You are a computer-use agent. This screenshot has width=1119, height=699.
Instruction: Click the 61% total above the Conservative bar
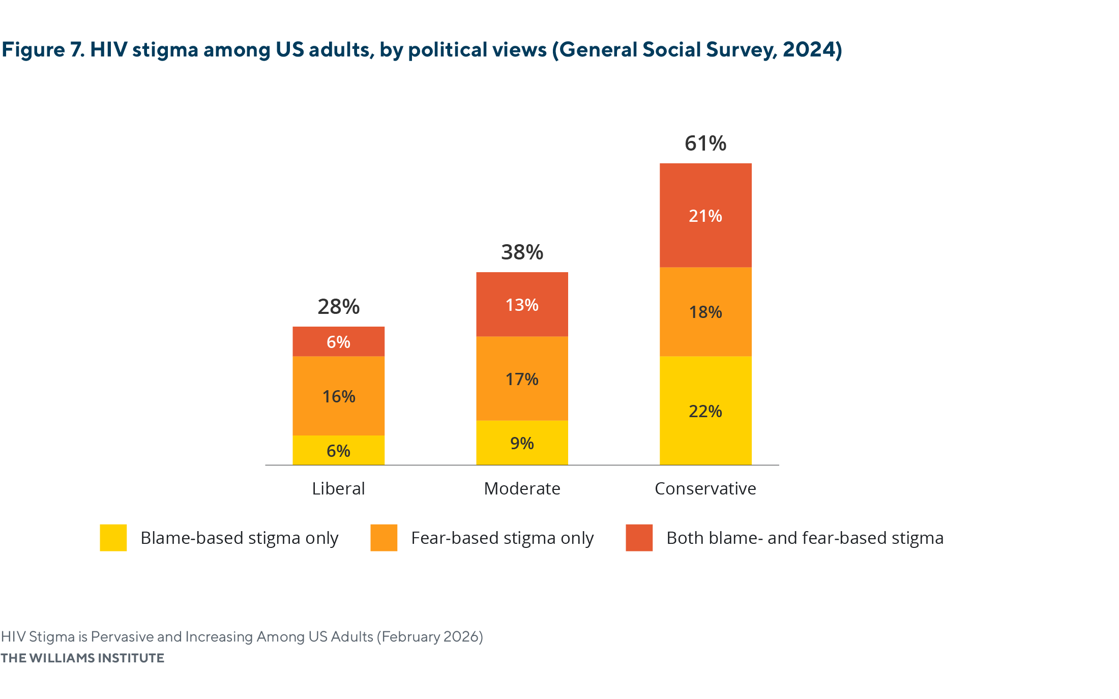tap(705, 143)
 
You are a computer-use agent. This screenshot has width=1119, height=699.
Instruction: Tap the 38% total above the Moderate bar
tap(522, 252)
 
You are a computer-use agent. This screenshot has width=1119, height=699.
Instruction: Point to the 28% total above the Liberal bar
tap(338, 307)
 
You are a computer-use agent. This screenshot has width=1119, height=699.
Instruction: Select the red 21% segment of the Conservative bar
tap(705, 215)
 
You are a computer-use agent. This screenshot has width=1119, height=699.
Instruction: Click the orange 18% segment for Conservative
tap(705, 311)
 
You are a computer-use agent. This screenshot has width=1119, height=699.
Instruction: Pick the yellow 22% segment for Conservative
tap(705, 411)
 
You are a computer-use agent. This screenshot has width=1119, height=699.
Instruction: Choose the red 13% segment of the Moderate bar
tap(522, 304)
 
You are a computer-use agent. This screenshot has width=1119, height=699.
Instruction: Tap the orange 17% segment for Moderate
tap(522, 378)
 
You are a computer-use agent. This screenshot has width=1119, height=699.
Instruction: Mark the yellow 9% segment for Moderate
tap(522, 443)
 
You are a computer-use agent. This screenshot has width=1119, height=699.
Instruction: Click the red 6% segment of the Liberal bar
tap(338, 341)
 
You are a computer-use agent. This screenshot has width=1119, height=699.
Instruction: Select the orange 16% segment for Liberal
tap(338, 396)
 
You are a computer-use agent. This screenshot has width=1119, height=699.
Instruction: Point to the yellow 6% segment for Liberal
tap(338, 450)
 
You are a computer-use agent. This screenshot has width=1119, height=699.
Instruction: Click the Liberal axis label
tap(338, 488)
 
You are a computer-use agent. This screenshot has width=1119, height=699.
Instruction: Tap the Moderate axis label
tap(522, 488)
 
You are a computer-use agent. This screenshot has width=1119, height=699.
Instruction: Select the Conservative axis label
tap(705, 488)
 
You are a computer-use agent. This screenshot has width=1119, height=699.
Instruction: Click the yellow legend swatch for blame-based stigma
tap(113, 538)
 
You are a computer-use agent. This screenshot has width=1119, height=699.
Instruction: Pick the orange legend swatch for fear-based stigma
tap(384, 538)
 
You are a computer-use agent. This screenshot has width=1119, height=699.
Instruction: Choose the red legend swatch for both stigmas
tap(639, 538)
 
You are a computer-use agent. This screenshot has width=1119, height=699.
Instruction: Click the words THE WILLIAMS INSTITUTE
tap(82, 658)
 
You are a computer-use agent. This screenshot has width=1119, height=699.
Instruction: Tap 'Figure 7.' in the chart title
tap(43, 50)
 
